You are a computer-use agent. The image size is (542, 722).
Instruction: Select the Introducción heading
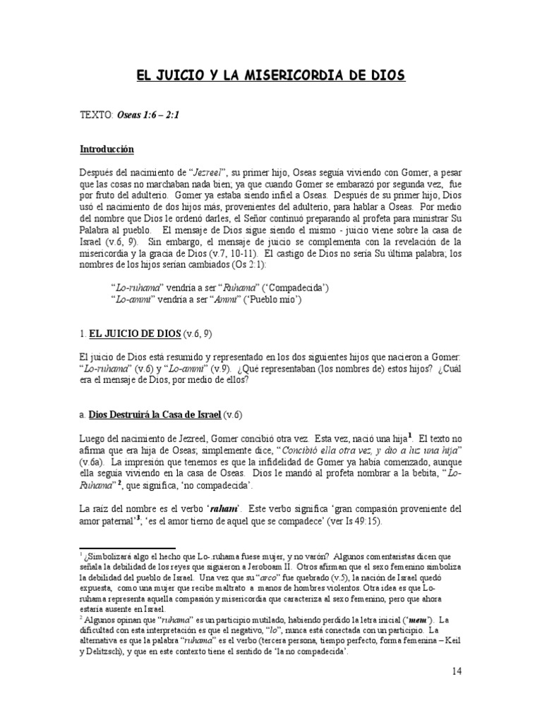click(x=107, y=149)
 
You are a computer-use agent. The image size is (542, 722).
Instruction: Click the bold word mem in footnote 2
click(x=402, y=620)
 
